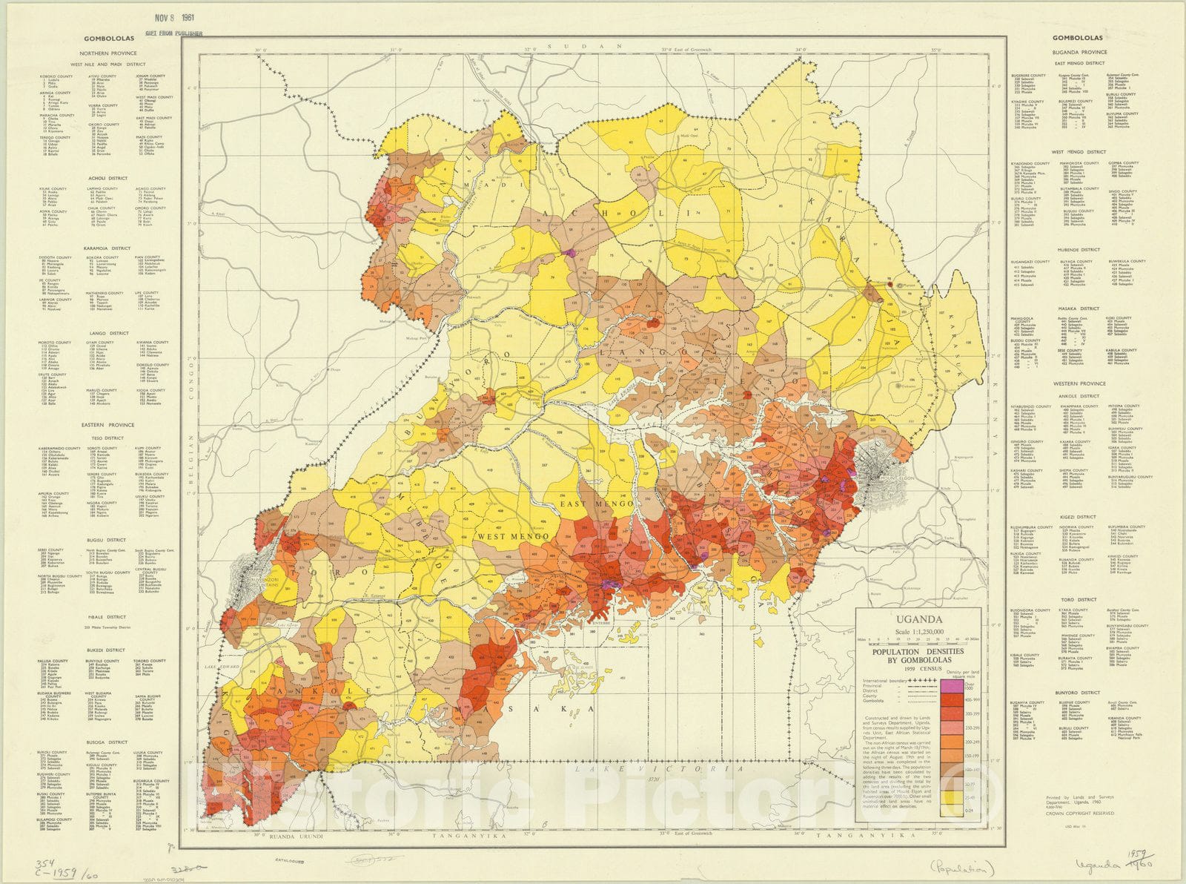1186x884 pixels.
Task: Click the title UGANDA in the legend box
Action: click(x=919, y=619)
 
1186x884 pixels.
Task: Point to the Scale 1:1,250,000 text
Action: click(x=919, y=632)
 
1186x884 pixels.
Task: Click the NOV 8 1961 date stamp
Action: click(x=173, y=18)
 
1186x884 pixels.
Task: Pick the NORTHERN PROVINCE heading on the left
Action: click(x=109, y=53)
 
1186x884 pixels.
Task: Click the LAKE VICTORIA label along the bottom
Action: click(x=659, y=770)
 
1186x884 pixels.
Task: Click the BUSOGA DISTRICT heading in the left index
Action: click(x=106, y=742)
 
